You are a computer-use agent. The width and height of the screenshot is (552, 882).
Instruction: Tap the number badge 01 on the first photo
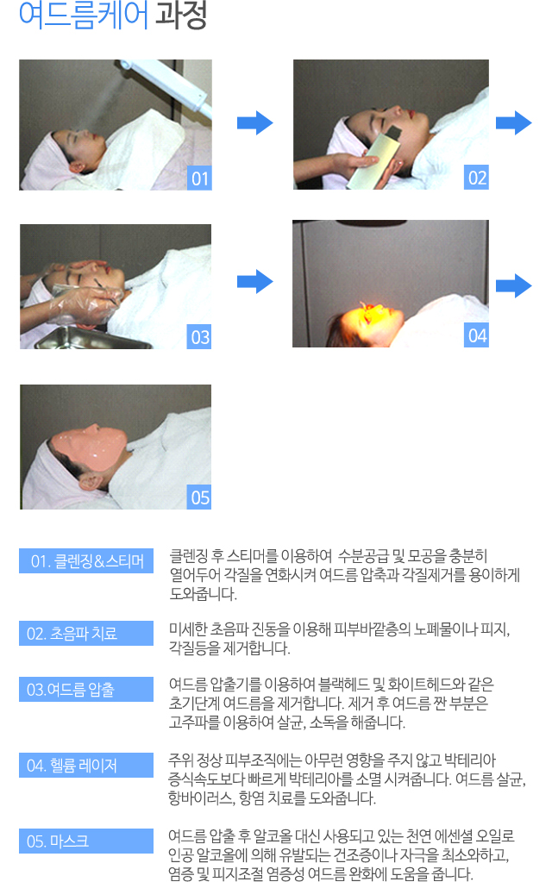[200, 178]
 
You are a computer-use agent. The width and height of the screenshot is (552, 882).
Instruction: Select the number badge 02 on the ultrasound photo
[477, 178]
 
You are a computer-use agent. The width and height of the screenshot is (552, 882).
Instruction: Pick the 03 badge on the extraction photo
[199, 336]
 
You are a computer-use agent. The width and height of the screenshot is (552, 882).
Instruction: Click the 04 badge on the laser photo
[477, 335]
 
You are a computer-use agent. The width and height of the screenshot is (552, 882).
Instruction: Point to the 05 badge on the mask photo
[199, 497]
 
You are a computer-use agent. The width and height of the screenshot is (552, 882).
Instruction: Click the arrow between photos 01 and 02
[255, 122]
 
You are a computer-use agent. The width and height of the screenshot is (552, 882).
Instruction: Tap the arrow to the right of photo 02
[514, 122]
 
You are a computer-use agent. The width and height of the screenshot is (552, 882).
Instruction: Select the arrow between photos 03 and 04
[255, 281]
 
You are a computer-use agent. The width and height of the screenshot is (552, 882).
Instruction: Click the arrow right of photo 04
[514, 285]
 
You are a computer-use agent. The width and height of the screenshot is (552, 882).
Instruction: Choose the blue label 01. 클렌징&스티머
[86, 560]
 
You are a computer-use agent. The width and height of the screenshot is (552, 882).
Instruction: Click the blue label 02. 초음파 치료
[86, 634]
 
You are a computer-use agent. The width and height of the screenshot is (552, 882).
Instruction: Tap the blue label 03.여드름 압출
[86, 689]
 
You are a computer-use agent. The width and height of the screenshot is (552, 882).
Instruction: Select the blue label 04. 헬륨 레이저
[86, 765]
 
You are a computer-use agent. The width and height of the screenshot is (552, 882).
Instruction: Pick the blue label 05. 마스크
[86, 841]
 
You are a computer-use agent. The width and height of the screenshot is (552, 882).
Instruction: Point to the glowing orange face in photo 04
[374, 319]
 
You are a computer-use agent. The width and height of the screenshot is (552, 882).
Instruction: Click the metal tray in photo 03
[93, 337]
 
